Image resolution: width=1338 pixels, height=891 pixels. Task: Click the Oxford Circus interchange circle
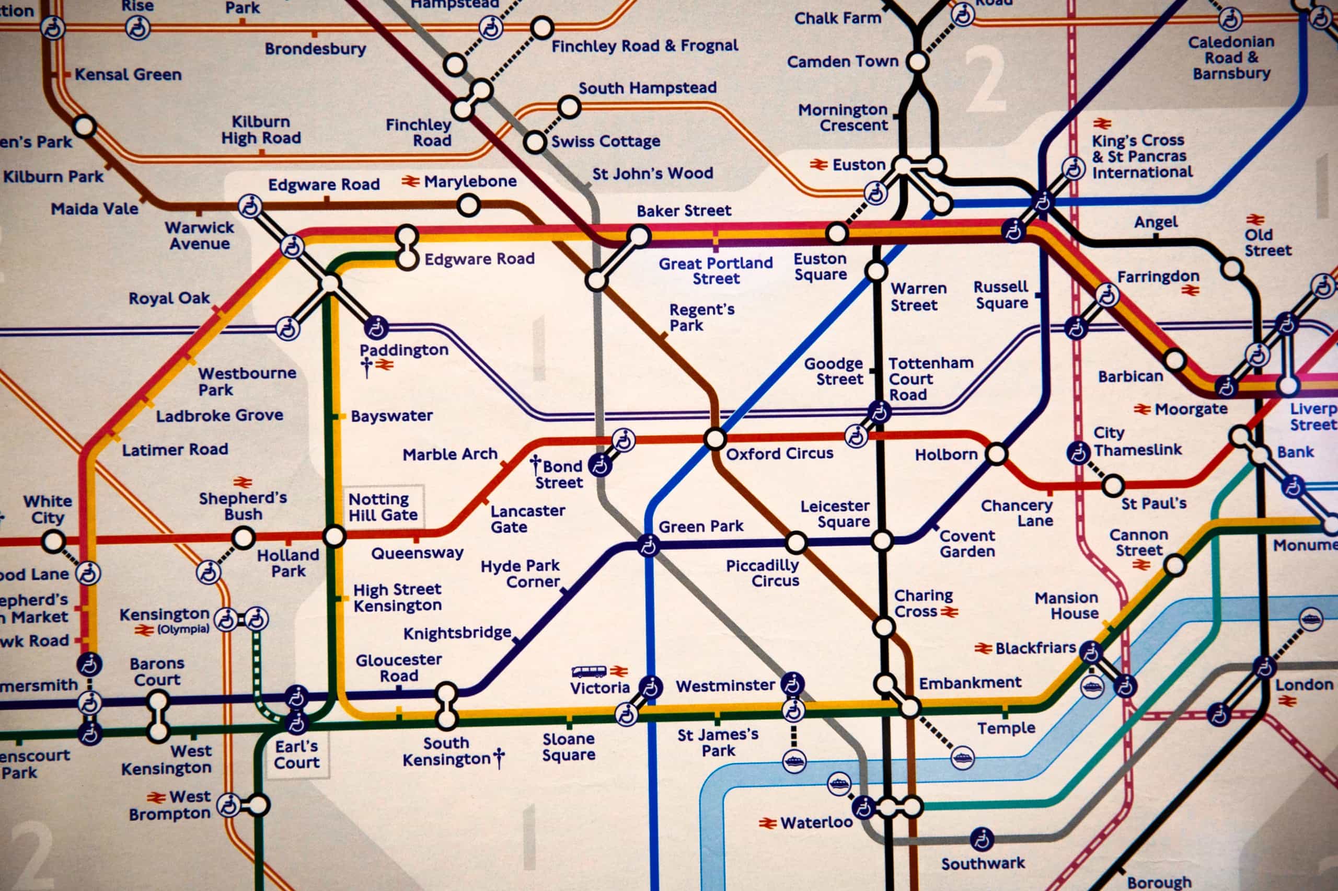pyautogui.click(x=715, y=439)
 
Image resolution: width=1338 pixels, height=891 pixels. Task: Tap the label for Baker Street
pyautogui.click(x=684, y=211)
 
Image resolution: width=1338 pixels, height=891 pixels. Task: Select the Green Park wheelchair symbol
pyautogui.click(x=648, y=546)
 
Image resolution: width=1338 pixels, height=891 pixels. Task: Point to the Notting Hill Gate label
pyautogui.click(x=383, y=507)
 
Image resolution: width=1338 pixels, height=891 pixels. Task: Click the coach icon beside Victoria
pyautogui.click(x=589, y=672)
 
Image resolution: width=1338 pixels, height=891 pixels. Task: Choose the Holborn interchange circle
pyautogui.click(x=997, y=454)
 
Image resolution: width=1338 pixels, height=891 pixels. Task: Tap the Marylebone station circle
pyautogui.click(x=468, y=205)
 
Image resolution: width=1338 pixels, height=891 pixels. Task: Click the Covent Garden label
pyautogui.click(x=967, y=543)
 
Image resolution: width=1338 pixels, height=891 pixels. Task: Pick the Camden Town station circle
pyautogui.click(x=917, y=61)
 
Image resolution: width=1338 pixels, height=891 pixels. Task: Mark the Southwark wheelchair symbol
pyautogui.click(x=982, y=839)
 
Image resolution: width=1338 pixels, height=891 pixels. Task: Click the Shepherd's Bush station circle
pyautogui.click(x=243, y=538)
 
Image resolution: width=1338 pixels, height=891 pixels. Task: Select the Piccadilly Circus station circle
pyautogui.click(x=796, y=543)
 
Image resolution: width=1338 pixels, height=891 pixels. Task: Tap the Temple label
pyautogui.click(x=1006, y=728)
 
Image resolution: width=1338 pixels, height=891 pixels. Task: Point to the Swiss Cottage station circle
pyautogui.click(x=534, y=142)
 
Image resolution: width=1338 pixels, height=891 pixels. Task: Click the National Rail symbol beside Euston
pyautogui.click(x=818, y=165)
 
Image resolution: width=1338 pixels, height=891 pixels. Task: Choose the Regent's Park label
pyautogui.click(x=701, y=317)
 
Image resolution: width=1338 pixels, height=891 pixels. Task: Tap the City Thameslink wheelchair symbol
pyautogui.click(x=1077, y=453)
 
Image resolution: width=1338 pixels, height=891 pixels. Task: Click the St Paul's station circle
pyautogui.click(x=1113, y=485)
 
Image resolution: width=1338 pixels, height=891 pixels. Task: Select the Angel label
pyautogui.click(x=1156, y=222)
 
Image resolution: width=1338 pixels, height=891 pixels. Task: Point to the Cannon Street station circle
pyautogui.click(x=1174, y=565)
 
